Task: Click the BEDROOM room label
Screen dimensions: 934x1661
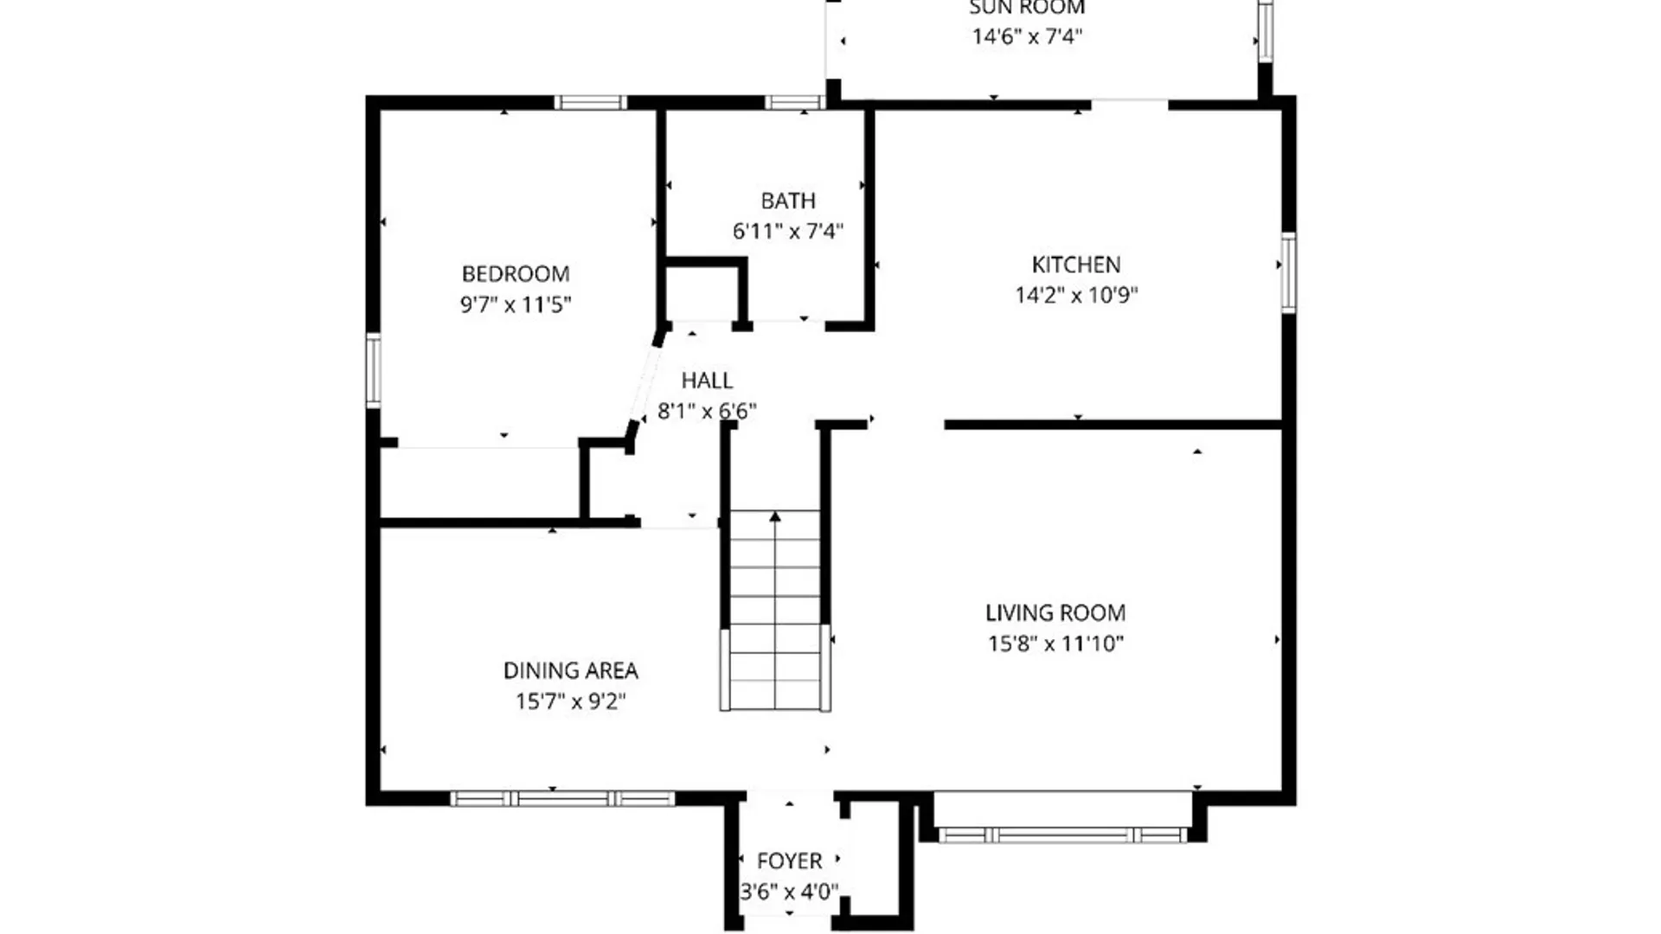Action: [516, 274]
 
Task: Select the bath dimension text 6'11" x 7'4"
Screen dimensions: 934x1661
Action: [787, 231]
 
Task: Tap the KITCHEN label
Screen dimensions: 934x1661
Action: [1075, 265]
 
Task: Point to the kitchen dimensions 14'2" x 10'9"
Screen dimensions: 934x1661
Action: [1075, 295]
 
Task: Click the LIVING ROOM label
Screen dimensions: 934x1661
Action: [1055, 613]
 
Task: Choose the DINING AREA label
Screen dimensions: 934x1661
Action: [570, 671]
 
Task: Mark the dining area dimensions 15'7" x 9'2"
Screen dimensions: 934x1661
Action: [570, 701]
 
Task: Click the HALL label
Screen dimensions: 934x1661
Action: [707, 381]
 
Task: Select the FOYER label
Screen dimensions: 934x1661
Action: [789, 861]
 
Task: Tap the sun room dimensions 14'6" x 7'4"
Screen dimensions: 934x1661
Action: [1027, 36]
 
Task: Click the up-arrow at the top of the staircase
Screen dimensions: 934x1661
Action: [775, 517]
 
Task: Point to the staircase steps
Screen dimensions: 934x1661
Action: [775, 623]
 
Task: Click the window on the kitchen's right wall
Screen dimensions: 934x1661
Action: [1287, 272]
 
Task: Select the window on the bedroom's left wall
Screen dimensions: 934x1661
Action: [374, 370]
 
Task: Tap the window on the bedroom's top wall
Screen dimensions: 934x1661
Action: [589, 103]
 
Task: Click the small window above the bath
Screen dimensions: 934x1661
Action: [793, 103]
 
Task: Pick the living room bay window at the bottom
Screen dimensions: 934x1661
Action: [1062, 835]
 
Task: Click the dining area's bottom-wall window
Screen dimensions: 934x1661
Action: [562, 798]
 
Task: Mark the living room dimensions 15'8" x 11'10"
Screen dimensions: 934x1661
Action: [1055, 643]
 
